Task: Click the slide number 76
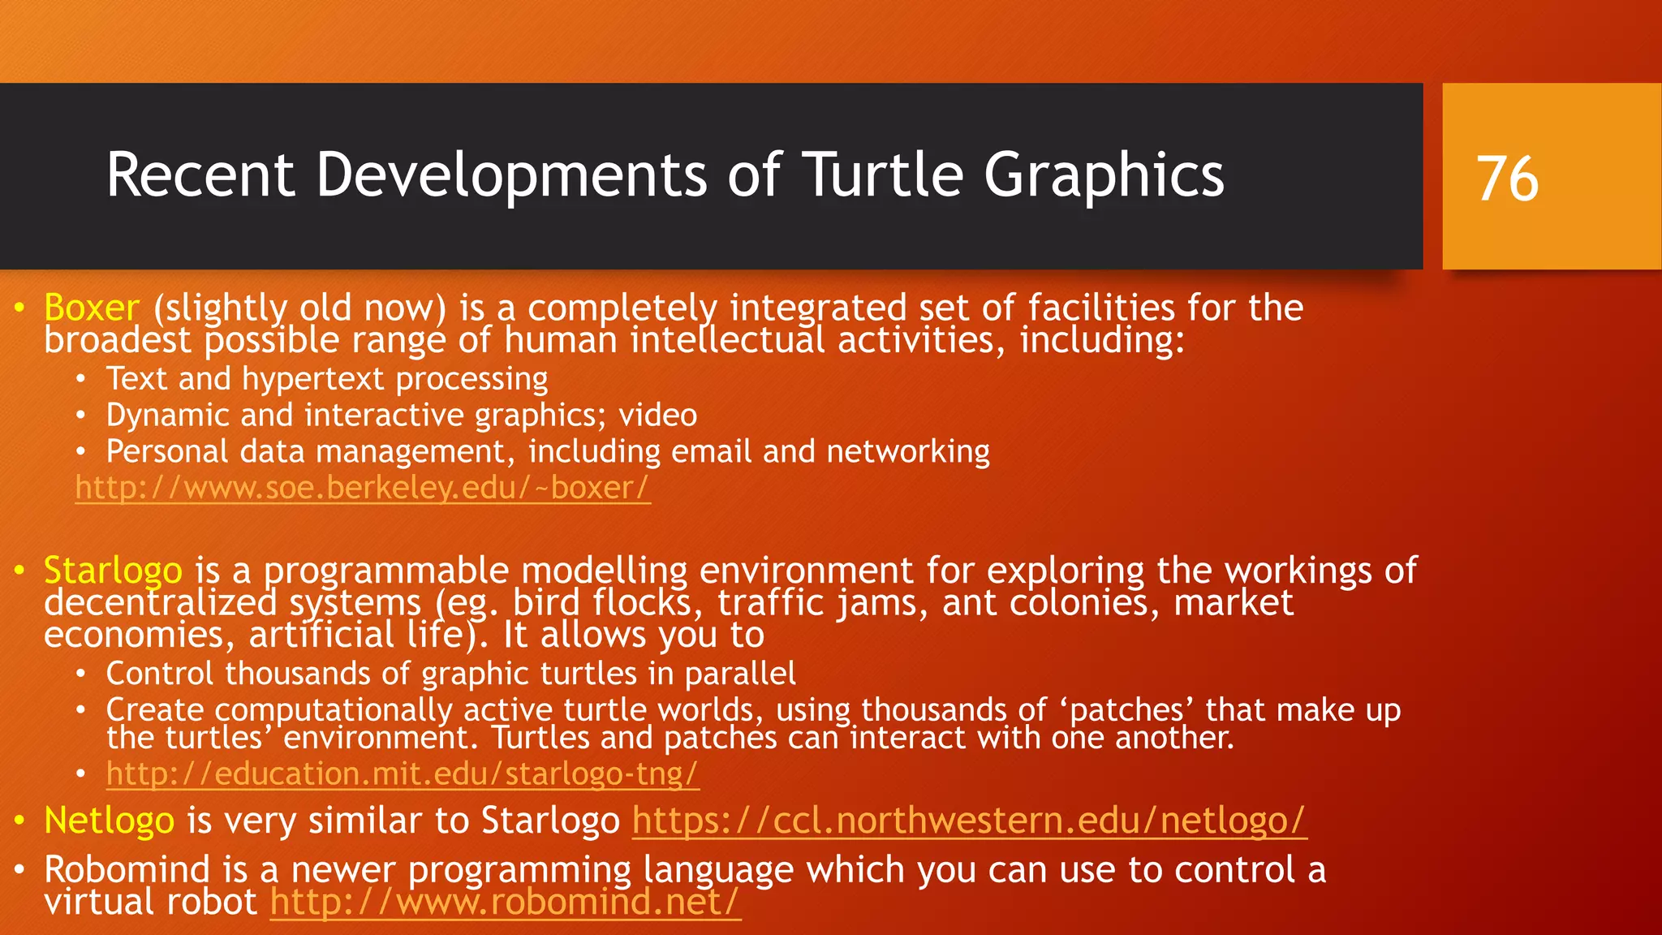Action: pos(1507,179)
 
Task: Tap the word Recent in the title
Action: pos(200,175)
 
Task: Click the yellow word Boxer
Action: pos(92,308)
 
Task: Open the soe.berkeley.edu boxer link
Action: pos(362,488)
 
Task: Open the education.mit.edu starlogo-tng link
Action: pos(402,773)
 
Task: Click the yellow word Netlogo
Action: pos(109,821)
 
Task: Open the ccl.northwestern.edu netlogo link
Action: pos(969,821)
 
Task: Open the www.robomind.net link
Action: pos(505,903)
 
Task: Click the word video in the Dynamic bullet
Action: pos(657,416)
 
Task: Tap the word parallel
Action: pos(740,674)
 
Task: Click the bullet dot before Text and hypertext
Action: pos(80,379)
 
